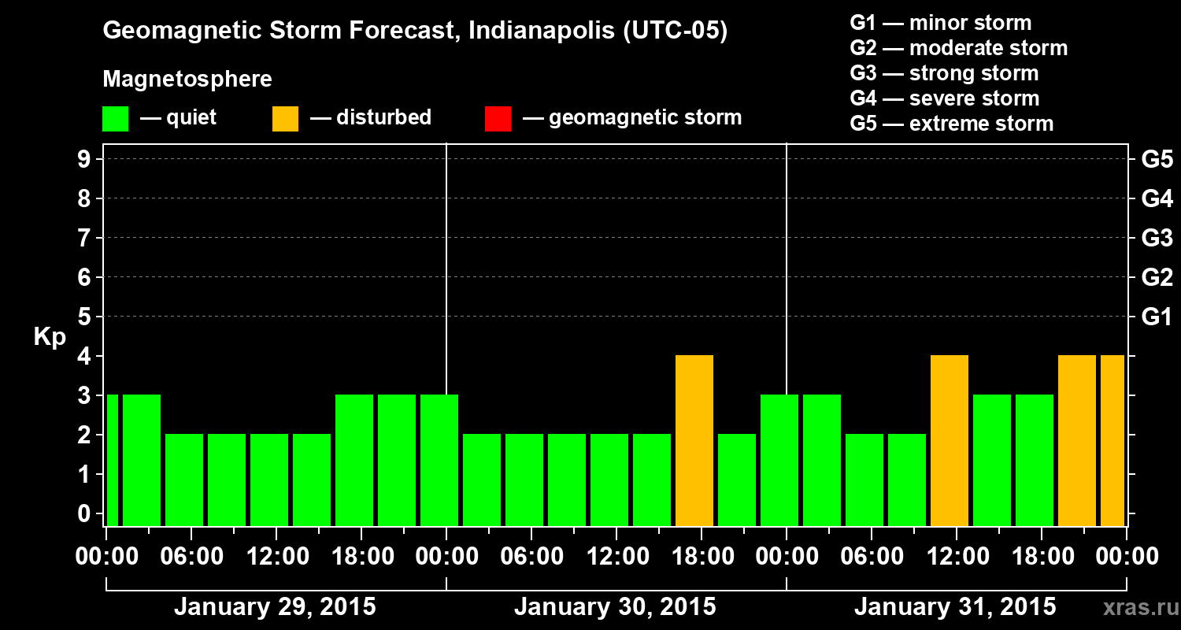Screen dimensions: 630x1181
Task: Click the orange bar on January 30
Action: [x=694, y=440]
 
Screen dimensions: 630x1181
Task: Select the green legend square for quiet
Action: [x=115, y=118]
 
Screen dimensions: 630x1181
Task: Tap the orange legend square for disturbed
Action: [x=285, y=118]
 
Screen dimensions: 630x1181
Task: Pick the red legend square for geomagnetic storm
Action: [x=498, y=118]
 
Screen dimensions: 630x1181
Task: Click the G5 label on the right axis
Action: [x=1157, y=159]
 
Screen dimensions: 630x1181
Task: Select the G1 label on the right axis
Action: [x=1157, y=317]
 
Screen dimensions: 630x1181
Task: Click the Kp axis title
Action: [x=50, y=337]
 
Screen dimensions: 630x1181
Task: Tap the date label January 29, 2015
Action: [x=275, y=607]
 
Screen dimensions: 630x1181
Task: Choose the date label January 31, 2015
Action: [x=955, y=607]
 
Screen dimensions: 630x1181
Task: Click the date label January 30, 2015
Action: [x=615, y=607]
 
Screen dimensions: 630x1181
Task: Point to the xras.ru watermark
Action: [x=1135, y=607]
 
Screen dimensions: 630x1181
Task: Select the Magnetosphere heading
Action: [x=187, y=80]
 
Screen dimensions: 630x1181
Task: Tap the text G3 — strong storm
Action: [x=944, y=73]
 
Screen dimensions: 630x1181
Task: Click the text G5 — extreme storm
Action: [x=951, y=124]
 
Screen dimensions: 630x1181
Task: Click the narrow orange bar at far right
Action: [x=1113, y=440]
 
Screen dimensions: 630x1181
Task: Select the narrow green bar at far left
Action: [x=112, y=460]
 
